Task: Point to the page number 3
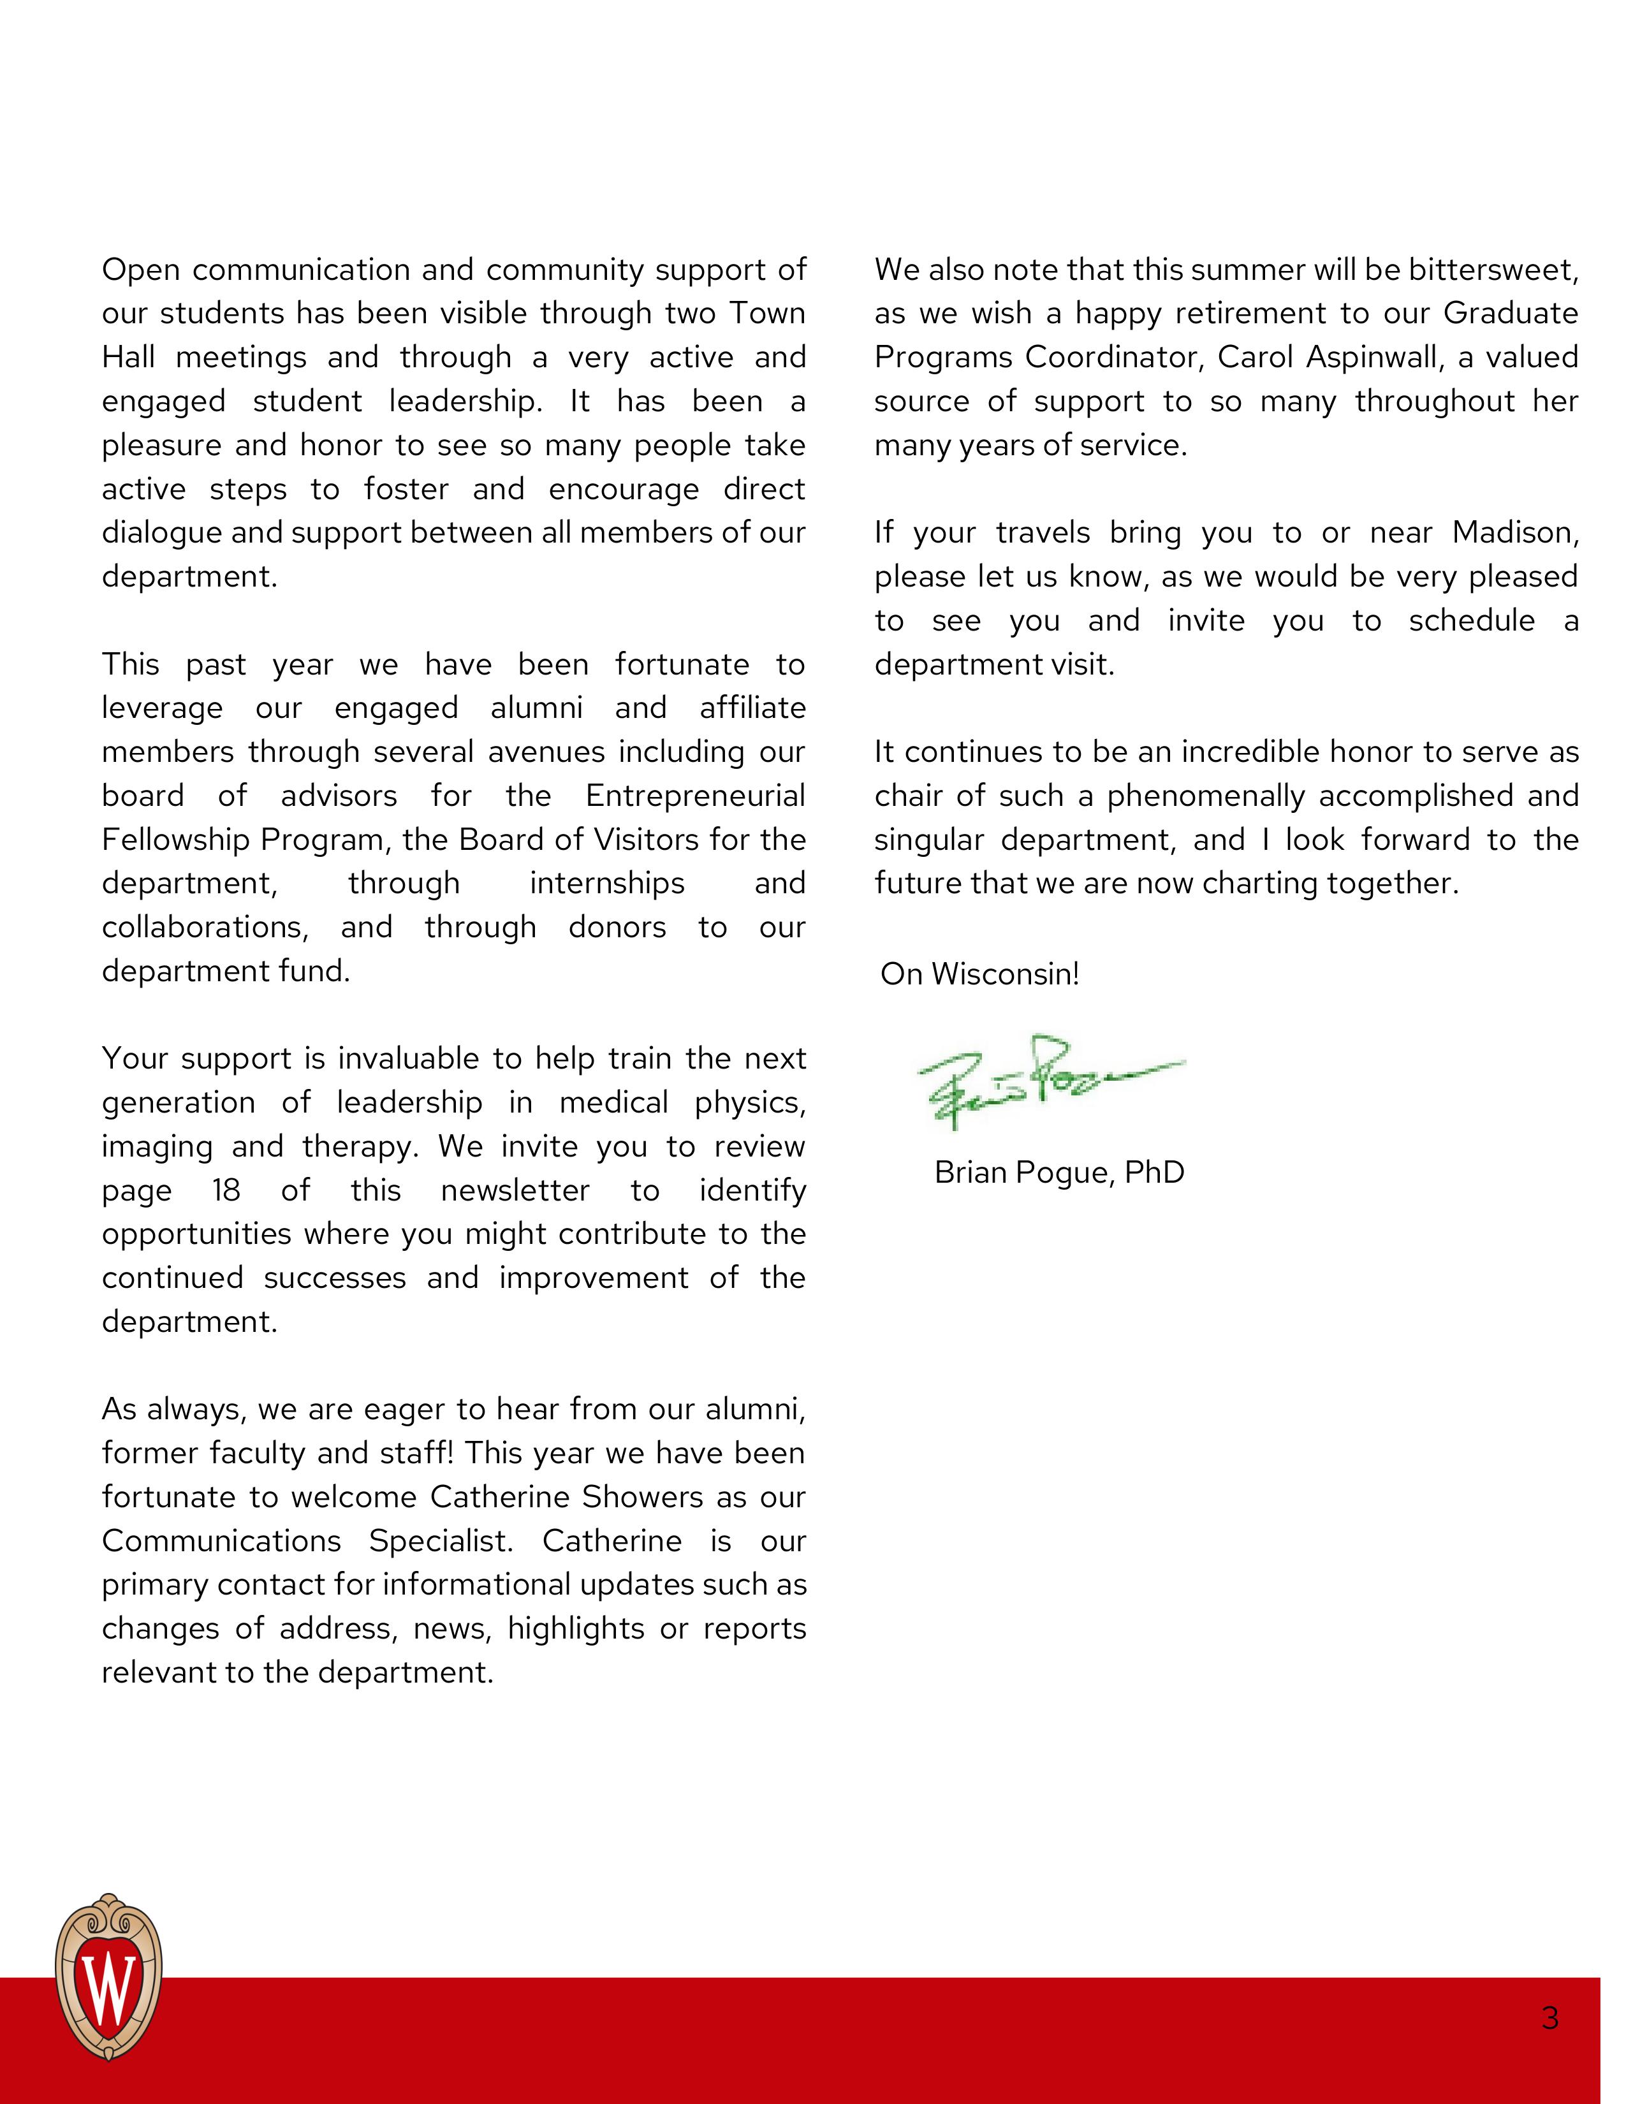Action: [x=1550, y=2017]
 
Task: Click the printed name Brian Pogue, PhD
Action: [x=1058, y=1173]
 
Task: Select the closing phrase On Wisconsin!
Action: [x=979, y=974]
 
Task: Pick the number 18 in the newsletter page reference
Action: [x=225, y=1191]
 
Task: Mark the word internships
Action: [x=607, y=884]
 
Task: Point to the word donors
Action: [x=617, y=928]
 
